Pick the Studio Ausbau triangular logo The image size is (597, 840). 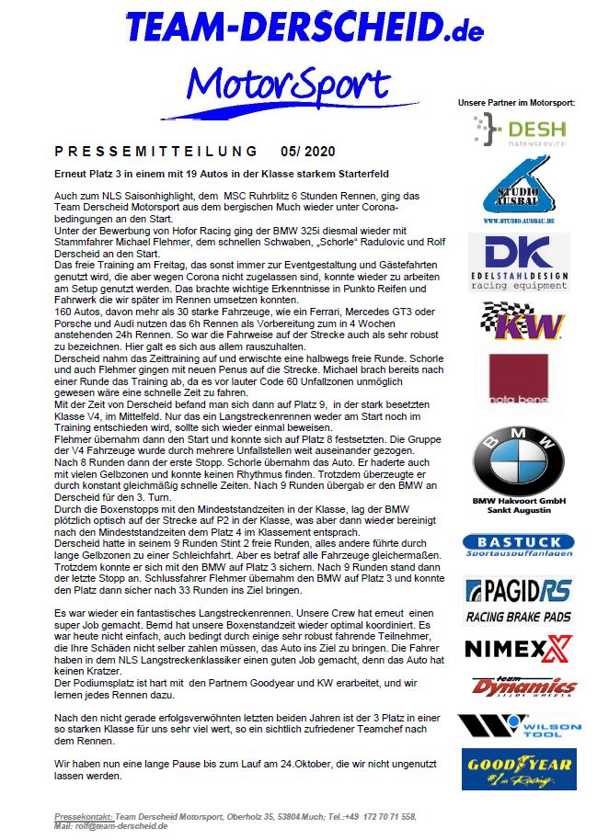[518, 188]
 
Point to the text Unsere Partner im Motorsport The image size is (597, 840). [518, 102]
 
